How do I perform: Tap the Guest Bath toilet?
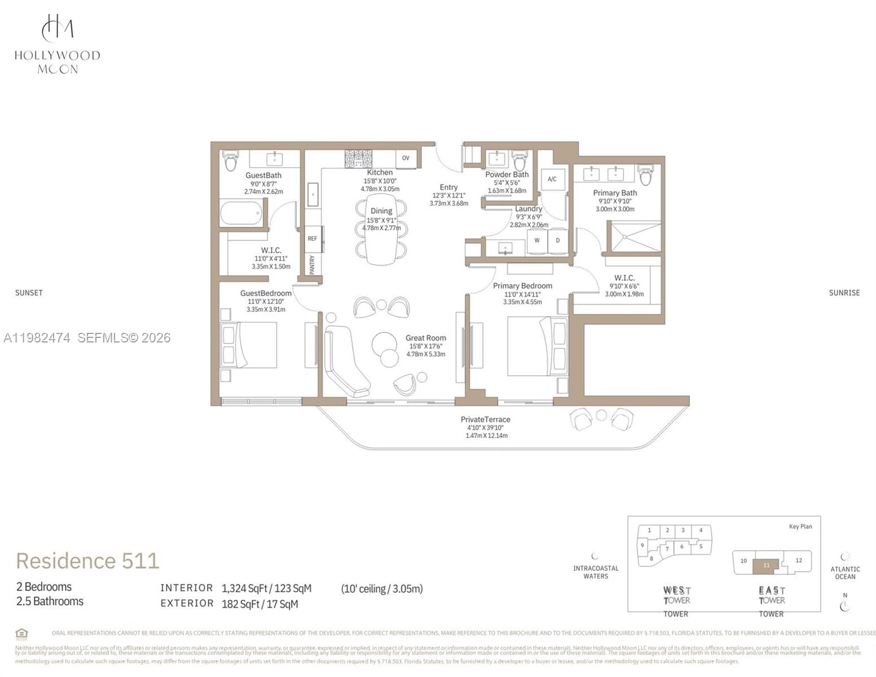pos(231,161)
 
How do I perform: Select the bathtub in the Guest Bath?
pos(241,213)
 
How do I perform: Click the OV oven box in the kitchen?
pos(406,159)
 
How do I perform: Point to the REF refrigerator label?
pos(312,239)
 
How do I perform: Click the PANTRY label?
pos(312,264)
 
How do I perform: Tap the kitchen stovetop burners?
pos(358,159)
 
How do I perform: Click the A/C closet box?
pos(552,179)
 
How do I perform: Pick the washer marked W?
pos(537,241)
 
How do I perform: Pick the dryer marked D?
pos(558,241)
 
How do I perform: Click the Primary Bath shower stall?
pos(634,237)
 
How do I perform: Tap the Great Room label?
pos(425,338)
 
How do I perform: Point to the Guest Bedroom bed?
pos(249,345)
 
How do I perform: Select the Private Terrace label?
pos(485,419)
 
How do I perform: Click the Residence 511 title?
pos(87,561)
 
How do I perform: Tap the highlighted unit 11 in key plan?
pos(766,565)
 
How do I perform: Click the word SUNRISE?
pos(844,293)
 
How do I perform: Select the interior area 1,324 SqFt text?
pos(266,588)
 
